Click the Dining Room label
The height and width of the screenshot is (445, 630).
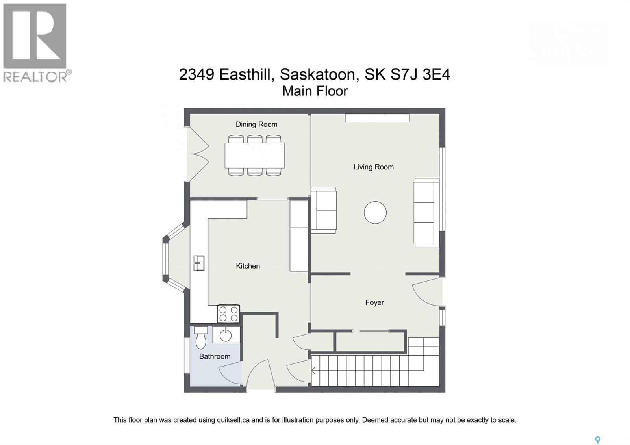coord(256,124)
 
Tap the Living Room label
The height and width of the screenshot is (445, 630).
coord(373,167)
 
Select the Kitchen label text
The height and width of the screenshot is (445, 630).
coord(248,266)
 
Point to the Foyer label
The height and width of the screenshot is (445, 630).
coord(374,303)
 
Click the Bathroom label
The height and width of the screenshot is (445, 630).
coord(215,356)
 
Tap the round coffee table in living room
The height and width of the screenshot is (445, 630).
coord(375,213)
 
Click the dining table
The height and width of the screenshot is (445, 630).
coord(255,155)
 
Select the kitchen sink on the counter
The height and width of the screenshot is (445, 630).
coord(199,263)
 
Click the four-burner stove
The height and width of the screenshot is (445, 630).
coord(228,314)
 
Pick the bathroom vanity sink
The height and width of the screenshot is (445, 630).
coord(226,335)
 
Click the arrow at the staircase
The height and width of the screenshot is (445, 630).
coord(314,371)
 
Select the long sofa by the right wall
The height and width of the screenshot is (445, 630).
coord(426,213)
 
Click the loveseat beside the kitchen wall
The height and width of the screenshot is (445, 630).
coord(324,210)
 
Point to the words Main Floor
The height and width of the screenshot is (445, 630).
coord(315,91)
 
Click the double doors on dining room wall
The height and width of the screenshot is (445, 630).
coord(198,154)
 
